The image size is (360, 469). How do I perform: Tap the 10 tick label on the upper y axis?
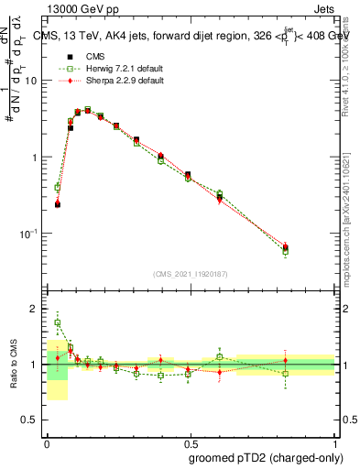tap(33, 81)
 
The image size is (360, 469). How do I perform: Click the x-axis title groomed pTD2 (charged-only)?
tap(260, 456)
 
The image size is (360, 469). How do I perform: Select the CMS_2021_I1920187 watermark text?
tap(191, 274)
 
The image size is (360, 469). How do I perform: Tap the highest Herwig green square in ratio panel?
tap(58, 322)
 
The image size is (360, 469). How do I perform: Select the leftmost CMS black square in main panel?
tap(58, 204)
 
